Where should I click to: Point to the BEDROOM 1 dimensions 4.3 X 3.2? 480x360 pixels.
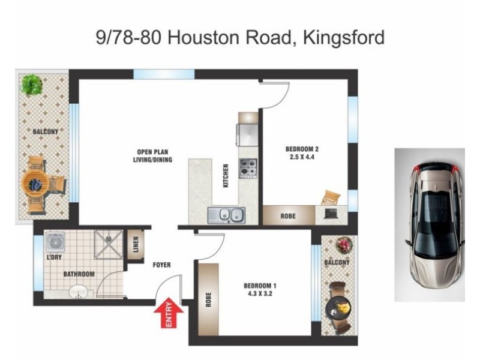tap(259, 294)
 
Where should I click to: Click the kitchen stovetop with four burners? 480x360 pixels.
tap(248, 168)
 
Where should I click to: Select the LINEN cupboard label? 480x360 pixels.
tap(136, 245)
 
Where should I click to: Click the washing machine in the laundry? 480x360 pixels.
tap(56, 243)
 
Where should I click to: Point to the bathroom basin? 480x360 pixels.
tap(77, 292)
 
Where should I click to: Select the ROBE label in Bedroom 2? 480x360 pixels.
tap(288, 215)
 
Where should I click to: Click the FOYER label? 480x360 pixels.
tap(161, 265)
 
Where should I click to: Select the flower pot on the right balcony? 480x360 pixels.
tap(344, 244)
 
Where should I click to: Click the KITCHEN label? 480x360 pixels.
tap(226, 175)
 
